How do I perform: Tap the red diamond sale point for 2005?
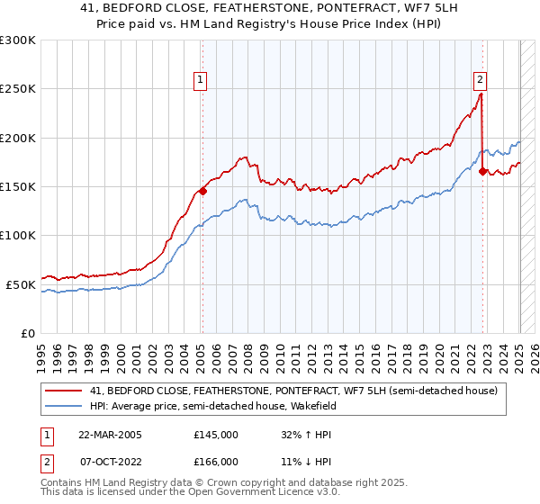pyautogui.click(x=202, y=191)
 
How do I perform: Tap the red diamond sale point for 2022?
pyautogui.click(x=483, y=171)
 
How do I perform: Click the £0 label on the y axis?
pyautogui.click(x=28, y=333)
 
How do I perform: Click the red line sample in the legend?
pyautogui.click(x=64, y=390)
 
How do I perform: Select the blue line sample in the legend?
pyautogui.click(x=64, y=406)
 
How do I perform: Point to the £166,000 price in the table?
pyautogui.click(x=216, y=462)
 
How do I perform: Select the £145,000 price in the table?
pyautogui.click(x=216, y=435)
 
